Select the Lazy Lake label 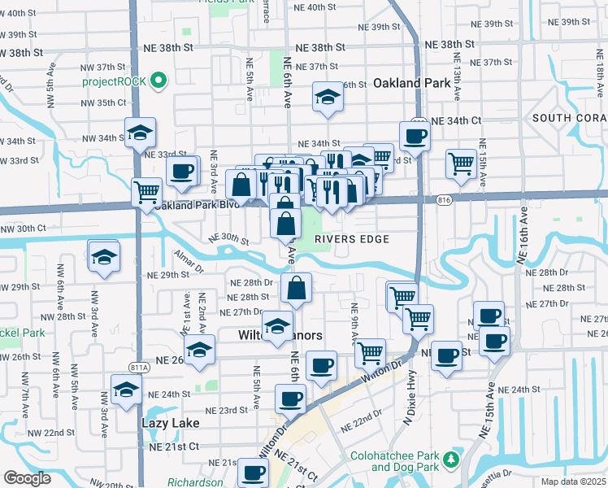point(170,423)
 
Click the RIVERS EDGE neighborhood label point(358,238)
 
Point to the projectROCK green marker point(159,81)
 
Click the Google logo point(26,478)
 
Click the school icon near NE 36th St point(328,98)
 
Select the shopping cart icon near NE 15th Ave point(461,163)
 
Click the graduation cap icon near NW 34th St point(141,133)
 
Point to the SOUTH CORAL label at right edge point(569,119)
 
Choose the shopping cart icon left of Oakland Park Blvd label point(146,193)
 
